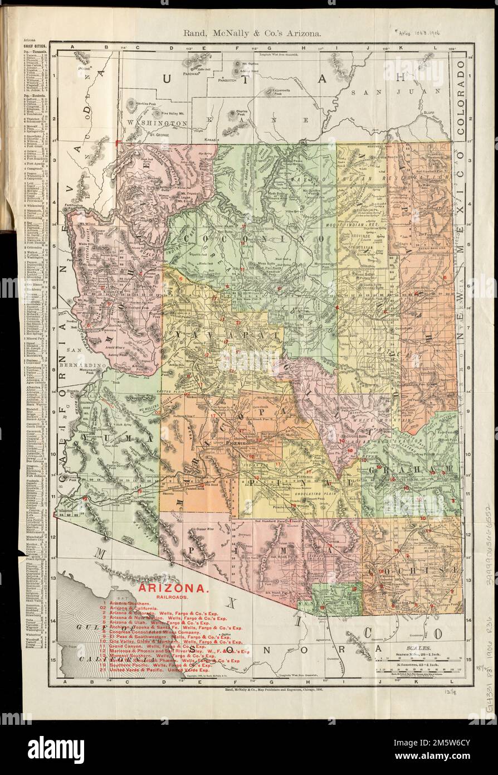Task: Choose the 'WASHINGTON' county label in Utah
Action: pyautogui.click(x=157, y=122)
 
